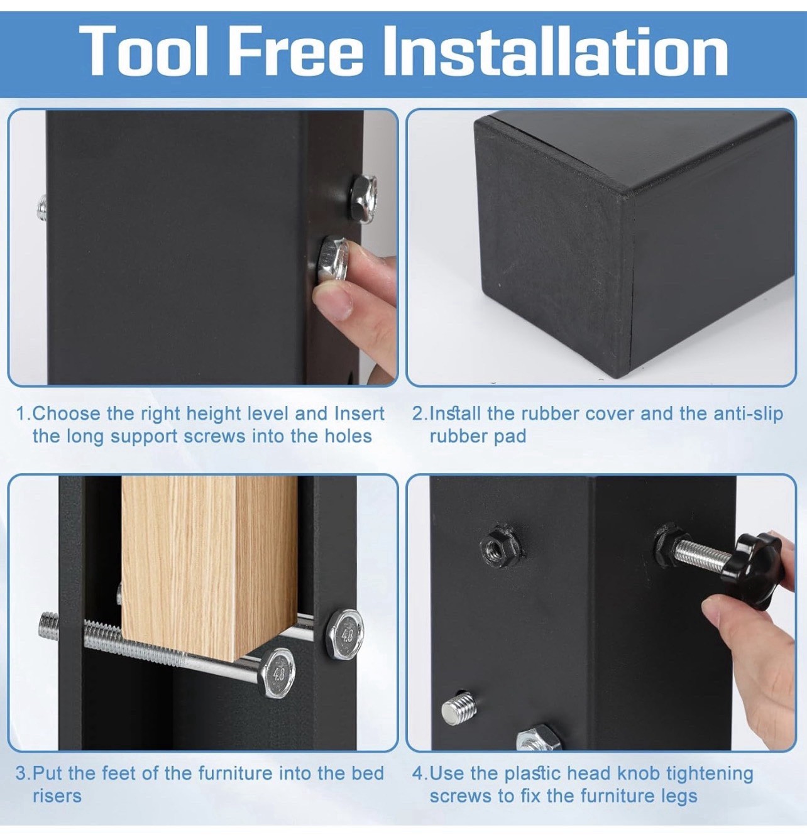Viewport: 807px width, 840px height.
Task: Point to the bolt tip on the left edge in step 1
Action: (42, 208)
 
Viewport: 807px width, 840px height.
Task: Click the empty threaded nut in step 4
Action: (502, 545)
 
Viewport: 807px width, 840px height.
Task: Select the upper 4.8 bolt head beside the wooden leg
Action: (344, 634)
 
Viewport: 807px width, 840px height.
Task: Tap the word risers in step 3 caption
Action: (57, 795)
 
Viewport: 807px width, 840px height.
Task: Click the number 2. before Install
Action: (420, 413)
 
